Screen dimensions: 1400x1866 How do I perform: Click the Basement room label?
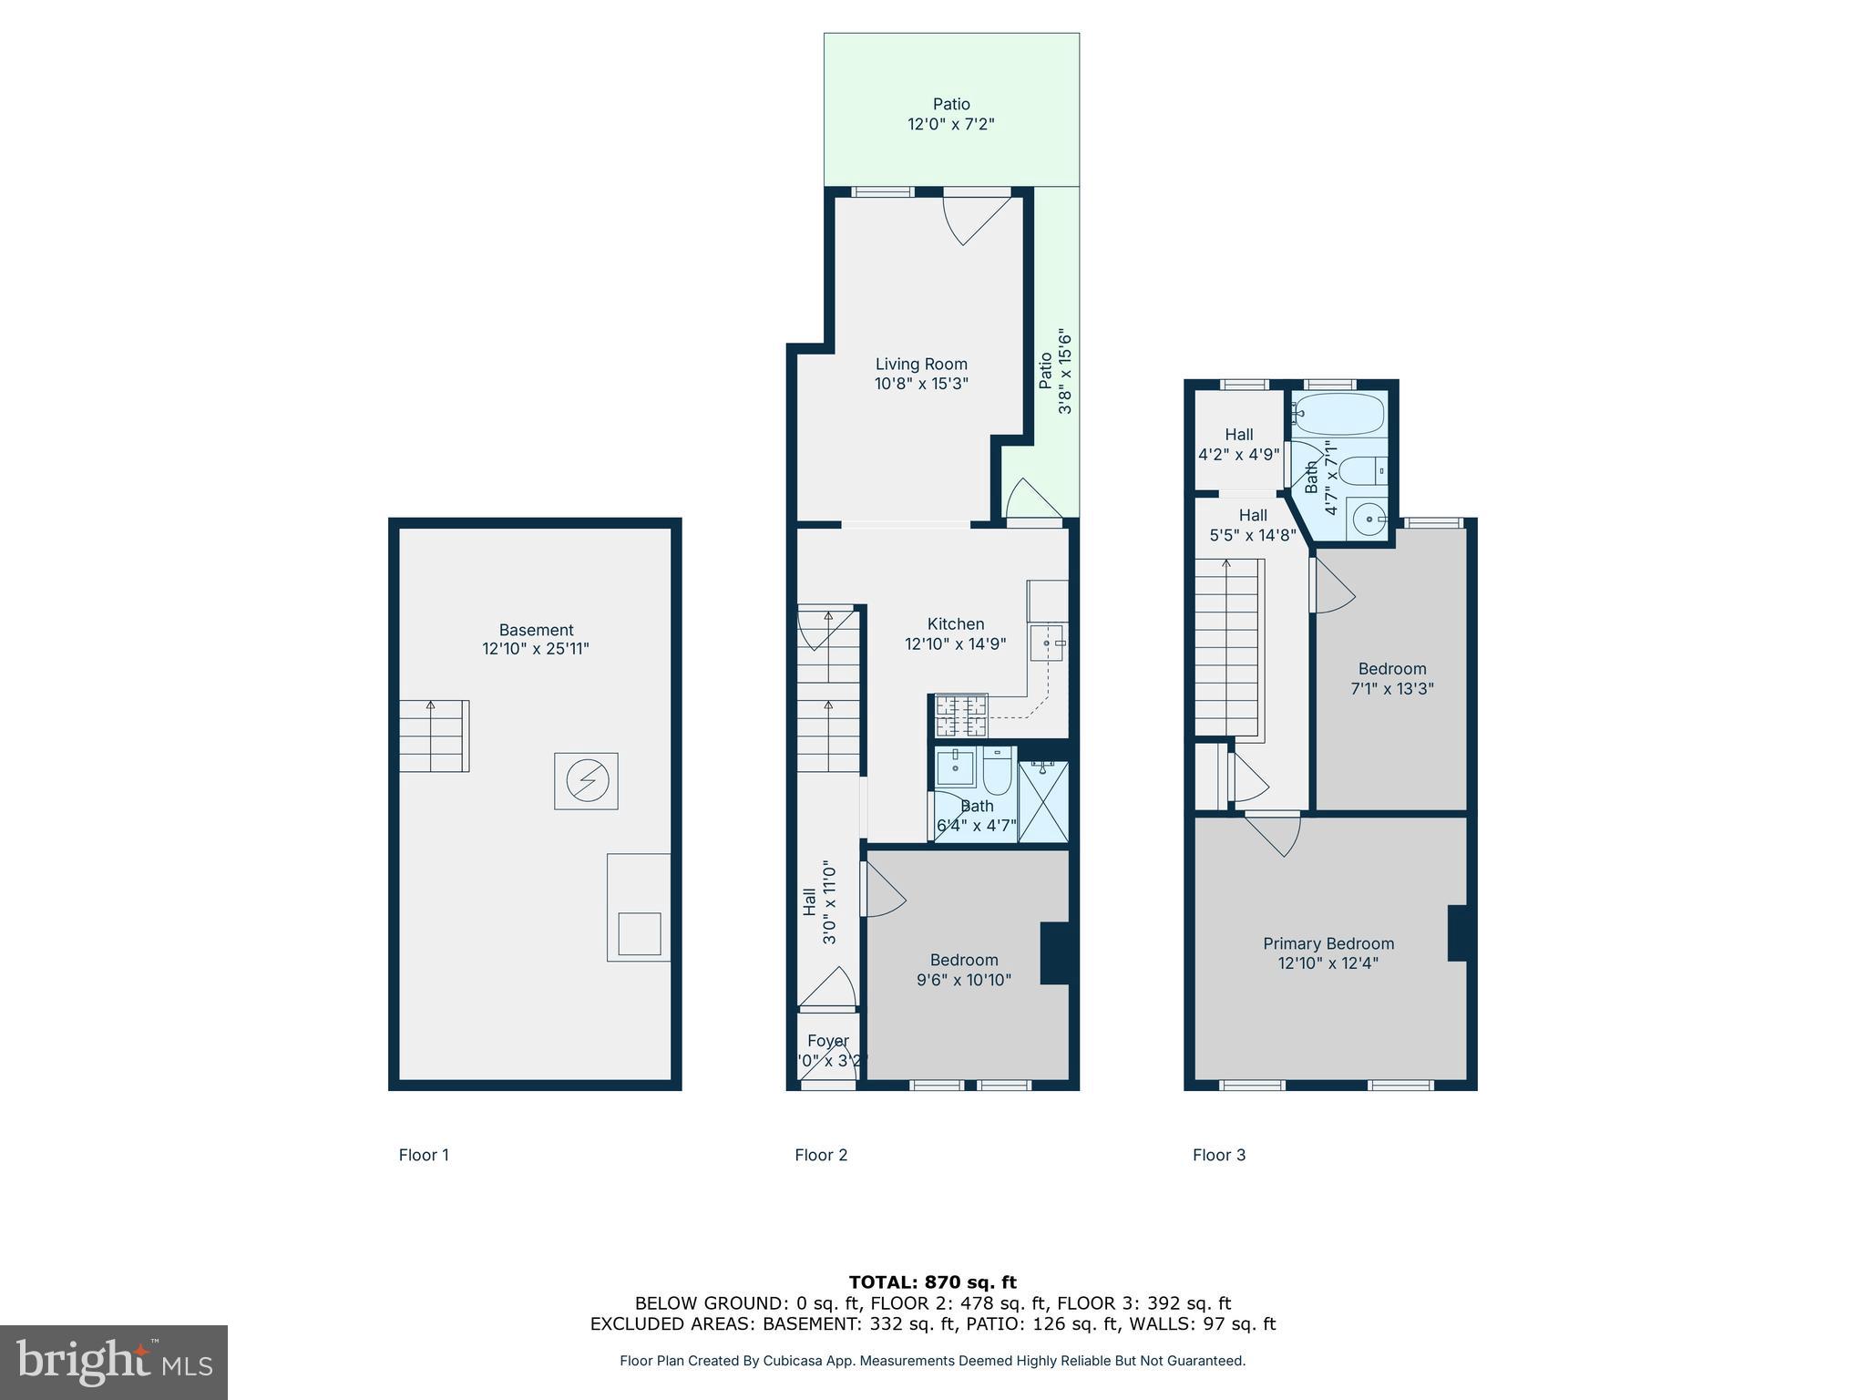(536, 639)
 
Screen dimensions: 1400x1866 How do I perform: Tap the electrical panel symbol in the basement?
(586, 780)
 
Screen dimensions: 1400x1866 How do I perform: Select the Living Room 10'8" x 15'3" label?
(921, 374)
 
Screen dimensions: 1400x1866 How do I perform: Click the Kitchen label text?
(955, 624)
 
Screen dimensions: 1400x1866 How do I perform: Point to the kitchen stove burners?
(961, 715)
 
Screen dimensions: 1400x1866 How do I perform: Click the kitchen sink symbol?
(1046, 643)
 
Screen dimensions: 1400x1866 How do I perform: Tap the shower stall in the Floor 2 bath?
(1043, 801)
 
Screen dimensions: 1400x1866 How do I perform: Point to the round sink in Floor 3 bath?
(1369, 520)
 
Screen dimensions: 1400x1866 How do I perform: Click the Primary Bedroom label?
(1328, 952)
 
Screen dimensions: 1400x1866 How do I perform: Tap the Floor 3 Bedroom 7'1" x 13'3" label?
(1391, 678)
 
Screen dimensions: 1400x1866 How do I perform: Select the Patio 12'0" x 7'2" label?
(950, 114)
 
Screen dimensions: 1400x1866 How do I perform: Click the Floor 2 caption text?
(821, 1155)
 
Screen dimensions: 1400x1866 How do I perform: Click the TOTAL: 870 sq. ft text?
(932, 1282)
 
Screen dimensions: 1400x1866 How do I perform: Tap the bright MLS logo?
(114, 1362)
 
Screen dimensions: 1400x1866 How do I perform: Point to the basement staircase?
(434, 736)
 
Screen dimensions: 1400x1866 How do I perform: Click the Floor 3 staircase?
(1227, 647)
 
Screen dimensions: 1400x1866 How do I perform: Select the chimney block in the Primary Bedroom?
(1457, 932)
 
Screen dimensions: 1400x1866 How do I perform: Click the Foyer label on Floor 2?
(827, 1041)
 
